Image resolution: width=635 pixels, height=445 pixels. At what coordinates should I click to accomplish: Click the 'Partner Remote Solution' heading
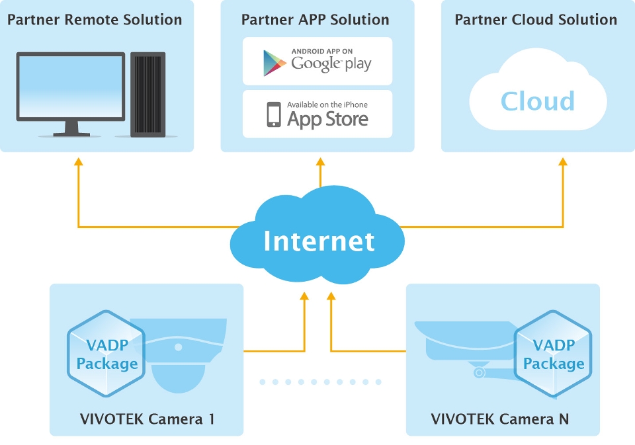(x=95, y=19)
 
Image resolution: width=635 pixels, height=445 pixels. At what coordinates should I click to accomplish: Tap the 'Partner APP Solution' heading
(x=316, y=19)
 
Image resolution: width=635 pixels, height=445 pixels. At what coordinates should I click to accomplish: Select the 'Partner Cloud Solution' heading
(x=536, y=19)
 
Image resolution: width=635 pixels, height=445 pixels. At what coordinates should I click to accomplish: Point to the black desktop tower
(x=148, y=94)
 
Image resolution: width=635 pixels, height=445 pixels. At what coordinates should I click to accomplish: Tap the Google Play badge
(x=317, y=61)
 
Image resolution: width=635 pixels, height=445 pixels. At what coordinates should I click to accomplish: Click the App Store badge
(x=317, y=114)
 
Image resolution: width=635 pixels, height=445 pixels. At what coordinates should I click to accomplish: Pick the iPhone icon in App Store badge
(x=274, y=114)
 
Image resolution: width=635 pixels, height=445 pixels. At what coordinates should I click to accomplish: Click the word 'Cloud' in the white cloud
(x=537, y=101)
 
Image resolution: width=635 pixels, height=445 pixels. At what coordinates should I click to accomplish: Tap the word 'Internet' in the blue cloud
(x=319, y=241)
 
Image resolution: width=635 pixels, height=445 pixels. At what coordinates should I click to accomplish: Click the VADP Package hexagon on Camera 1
(x=106, y=354)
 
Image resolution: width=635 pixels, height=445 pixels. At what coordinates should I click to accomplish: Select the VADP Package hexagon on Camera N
(x=554, y=354)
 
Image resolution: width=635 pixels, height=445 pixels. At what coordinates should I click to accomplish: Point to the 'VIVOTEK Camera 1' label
(x=147, y=419)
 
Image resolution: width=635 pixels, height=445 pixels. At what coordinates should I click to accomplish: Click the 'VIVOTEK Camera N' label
(x=499, y=419)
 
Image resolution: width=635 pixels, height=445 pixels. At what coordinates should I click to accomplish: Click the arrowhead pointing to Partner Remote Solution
(x=78, y=162)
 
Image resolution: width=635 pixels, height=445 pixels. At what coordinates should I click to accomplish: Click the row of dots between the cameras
(x=320, y=382)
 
